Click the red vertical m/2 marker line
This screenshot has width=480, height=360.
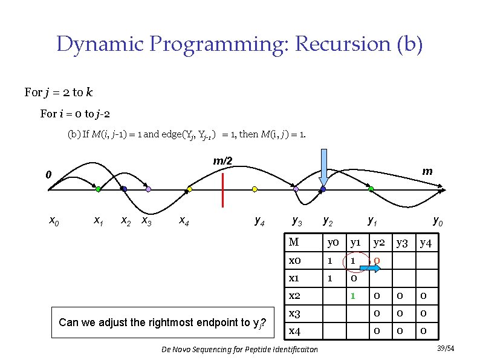[x=223, y=189]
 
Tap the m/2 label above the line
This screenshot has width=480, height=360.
[x=222, y=161]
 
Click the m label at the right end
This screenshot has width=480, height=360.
[x=427, y=171]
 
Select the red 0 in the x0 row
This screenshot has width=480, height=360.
[x=377, y=261]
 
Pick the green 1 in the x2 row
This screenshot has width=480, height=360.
[x=351, y=296]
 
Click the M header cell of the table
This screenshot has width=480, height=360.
[x=294, y=243]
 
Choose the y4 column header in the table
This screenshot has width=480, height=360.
[x=426, y=243]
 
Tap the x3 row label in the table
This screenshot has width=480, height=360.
[x=296, y=313]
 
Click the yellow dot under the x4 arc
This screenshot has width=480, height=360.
[x=189, y=189]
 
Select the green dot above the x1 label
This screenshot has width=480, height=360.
[x=98, y=189]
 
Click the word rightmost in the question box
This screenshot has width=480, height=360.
[x=174, y=322]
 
